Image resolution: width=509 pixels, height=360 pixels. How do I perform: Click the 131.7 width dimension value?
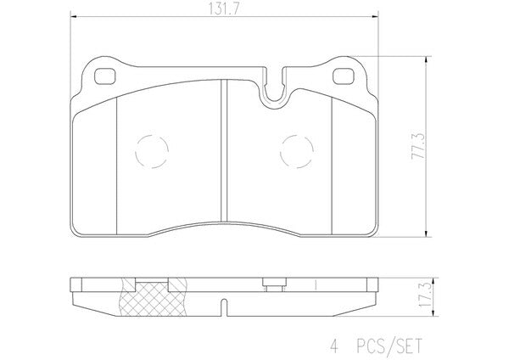click(224, 9)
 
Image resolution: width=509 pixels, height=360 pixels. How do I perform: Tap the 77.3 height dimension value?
click(418, 145)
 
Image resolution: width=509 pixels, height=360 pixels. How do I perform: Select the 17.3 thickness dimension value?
click(425, 295)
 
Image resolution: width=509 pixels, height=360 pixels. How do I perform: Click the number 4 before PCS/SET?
click(334, 346)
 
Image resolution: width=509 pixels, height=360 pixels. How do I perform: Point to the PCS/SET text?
click(389, 346)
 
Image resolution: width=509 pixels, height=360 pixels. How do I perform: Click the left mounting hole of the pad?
click(104, 76)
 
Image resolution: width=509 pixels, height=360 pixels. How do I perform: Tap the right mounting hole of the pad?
click(344, 76)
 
